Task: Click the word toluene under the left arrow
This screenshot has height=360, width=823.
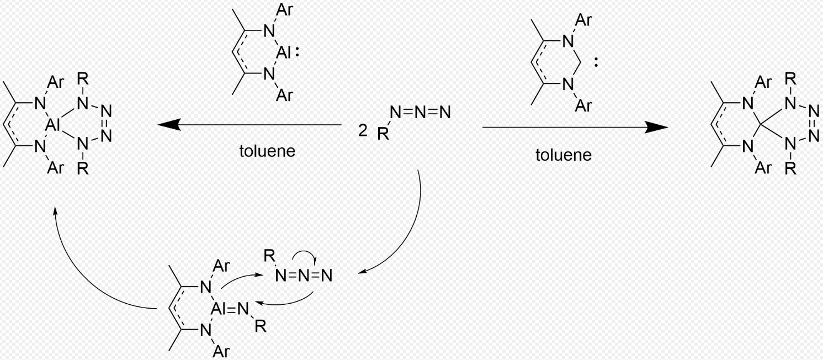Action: point(267,151)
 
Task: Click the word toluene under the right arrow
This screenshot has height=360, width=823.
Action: point(564,155)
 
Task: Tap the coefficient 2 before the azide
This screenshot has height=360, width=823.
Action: point(363,130)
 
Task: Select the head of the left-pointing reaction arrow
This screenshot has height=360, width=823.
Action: point(169,125)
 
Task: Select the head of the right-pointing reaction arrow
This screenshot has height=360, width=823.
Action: point(656,128)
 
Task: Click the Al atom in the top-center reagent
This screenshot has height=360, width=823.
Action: point(283,53)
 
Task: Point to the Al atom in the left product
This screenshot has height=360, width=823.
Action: point(53,126)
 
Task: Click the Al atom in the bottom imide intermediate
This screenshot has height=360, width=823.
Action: point(219,309)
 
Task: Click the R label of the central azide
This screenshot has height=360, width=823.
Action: point(383,134)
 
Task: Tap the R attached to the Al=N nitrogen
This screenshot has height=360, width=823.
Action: point(261,326)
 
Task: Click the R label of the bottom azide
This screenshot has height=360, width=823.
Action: point(269,255)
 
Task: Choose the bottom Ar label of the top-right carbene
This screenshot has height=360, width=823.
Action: point(583,105)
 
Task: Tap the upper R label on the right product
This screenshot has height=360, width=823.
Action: point(790,79)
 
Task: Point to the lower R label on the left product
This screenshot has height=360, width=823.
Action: point(83,168)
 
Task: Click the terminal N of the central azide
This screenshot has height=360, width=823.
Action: point(445,113)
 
